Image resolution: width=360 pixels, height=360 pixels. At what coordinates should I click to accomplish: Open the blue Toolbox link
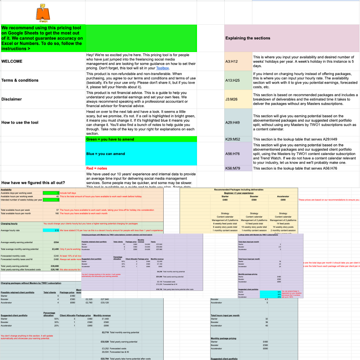163,68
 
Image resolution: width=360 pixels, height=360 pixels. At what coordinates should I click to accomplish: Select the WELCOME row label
12,61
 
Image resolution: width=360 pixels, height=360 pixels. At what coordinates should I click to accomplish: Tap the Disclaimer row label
12,99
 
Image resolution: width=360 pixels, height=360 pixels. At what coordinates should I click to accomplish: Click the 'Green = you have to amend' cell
110,139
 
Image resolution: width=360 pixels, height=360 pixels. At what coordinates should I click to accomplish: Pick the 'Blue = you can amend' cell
105,154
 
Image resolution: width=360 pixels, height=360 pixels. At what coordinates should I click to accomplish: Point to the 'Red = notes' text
97,168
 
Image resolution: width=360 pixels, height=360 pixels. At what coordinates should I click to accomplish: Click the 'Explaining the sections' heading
248,38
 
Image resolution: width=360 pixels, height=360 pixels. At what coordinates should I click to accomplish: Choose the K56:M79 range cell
233,168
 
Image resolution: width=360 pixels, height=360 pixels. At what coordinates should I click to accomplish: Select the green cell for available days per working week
51,193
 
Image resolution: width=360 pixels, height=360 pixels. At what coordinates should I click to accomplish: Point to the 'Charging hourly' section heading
9,223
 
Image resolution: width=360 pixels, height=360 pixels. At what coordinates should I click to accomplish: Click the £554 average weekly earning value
56,242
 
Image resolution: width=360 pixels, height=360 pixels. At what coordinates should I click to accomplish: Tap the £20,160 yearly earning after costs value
54,269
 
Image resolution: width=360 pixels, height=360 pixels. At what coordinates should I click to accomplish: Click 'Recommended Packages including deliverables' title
238,190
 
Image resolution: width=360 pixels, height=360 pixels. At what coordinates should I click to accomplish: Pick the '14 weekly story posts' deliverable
283,227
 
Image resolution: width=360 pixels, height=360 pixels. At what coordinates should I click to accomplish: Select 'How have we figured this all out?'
33,183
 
